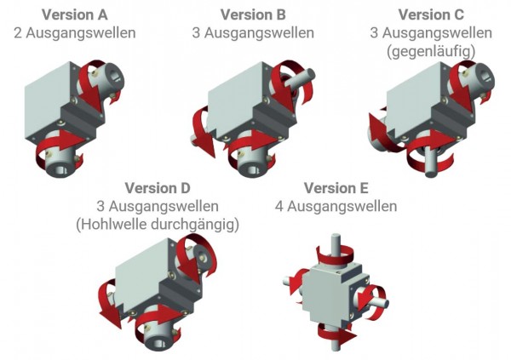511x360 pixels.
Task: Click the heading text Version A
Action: click(x=74, y=14)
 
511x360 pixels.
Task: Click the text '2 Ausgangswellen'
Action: click(x=74, y=33)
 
